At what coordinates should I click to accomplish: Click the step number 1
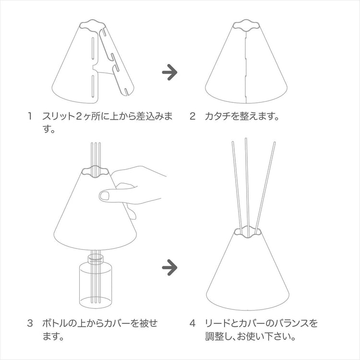(30, 116)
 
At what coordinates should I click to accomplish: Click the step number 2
(192, 116)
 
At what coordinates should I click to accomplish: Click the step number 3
(30, 323)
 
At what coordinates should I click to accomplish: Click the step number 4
(192, 323)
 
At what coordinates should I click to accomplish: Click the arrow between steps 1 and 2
(169, 72)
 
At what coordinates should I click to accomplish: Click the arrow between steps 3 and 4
(169, 267)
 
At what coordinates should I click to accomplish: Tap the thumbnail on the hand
(105, 196)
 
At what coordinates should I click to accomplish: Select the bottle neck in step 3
(96, 260)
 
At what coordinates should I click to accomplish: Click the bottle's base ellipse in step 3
(96, 302)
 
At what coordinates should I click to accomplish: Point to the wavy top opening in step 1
(92, 25)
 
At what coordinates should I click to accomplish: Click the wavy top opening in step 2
(246, 25)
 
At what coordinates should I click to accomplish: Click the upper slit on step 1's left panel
(93, 48)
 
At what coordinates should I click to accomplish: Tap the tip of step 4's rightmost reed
(275, 143)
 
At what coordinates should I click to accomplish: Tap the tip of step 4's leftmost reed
(233, 142)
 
